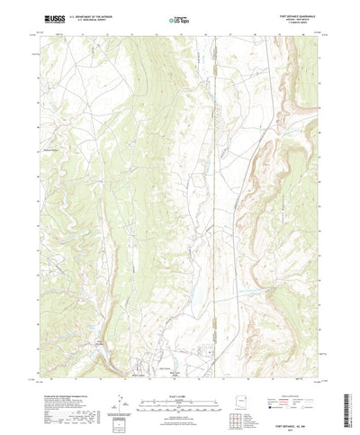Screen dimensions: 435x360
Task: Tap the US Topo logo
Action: pyautogui.click(x=178, y=19)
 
